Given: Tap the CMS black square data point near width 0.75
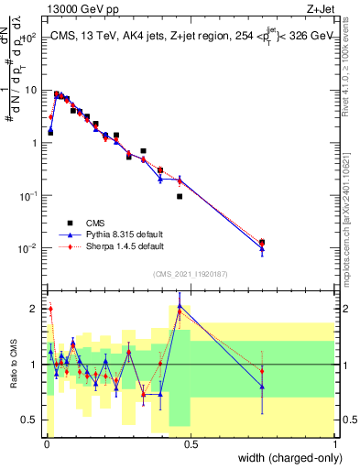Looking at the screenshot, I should point(263,243).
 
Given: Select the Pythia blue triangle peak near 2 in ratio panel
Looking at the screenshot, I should point(180,307).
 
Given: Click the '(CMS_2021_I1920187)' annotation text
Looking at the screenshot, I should point(190,274).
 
